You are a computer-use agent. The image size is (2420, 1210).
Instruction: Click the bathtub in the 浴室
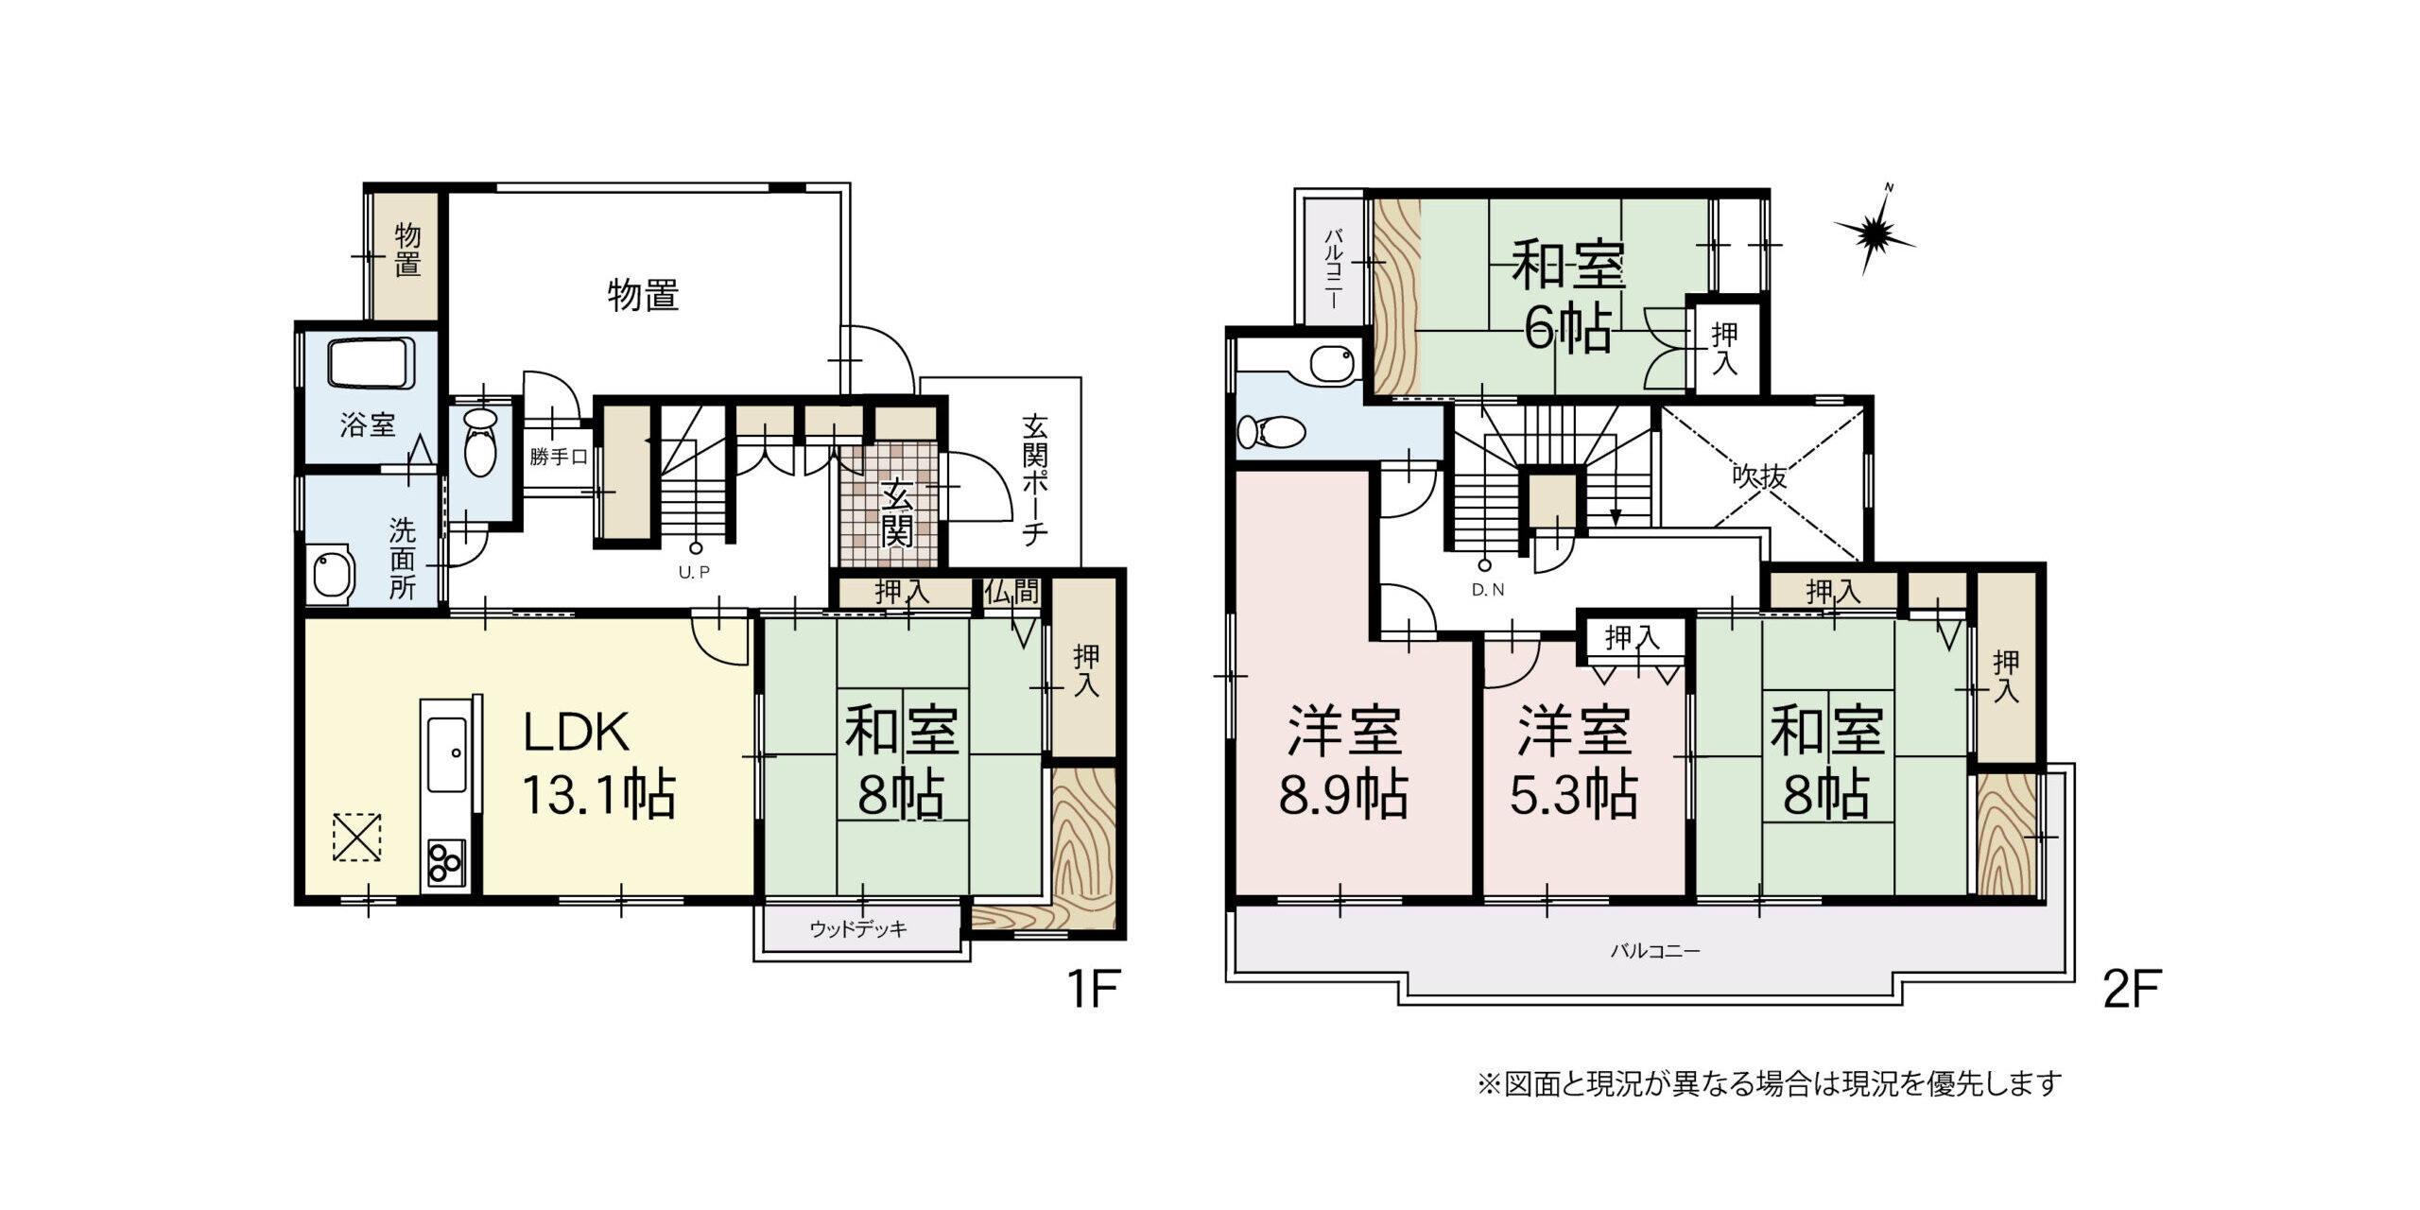(x=371, y=363)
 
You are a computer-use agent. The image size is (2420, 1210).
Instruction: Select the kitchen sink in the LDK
(x=446, y=755)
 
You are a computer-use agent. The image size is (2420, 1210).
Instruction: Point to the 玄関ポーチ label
(x=1035, y=479)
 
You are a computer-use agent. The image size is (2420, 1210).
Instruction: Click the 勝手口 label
(x=559, y=458)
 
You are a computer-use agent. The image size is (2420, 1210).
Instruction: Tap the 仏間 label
(x=1011, y=592)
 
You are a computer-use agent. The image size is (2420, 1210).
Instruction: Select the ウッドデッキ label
(x=858, y=929)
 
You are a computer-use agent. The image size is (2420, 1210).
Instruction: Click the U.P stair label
(x=694, y=572)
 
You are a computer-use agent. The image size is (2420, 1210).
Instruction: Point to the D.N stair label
(x=1488, y=590)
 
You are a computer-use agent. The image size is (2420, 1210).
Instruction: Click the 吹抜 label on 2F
(x=1759, y=476)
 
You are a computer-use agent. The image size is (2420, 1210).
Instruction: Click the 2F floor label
(x=2132, y=990)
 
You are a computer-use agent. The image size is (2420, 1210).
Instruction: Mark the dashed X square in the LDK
(x=357, y=838)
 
